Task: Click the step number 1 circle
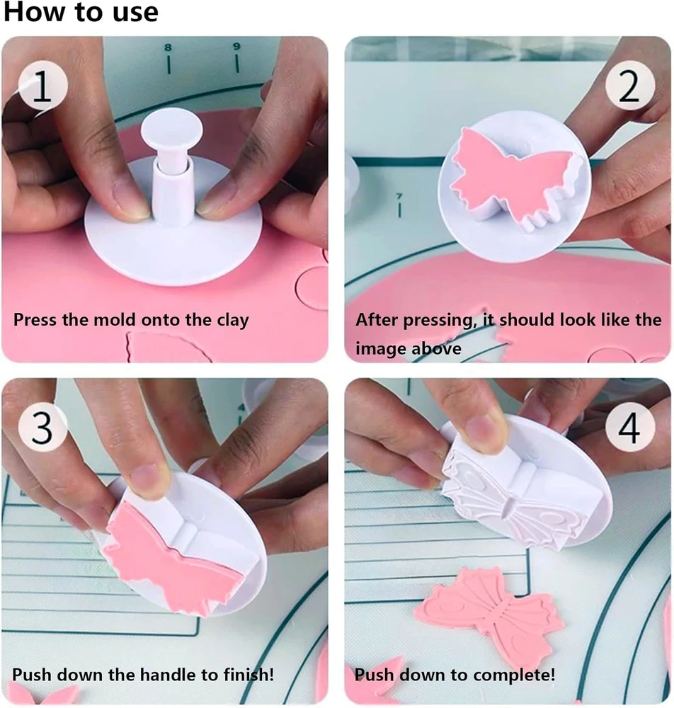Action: click(x=43, y=86)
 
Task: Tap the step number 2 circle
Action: click(x=630, y=86)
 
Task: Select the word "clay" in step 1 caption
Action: click(x=233, y=321)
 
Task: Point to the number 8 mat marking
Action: click(x=168, y=47)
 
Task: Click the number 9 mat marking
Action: click(x=236, y=46)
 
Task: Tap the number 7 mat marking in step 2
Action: click(x=399, y=196)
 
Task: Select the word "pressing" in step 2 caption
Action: click(x=438, y=321)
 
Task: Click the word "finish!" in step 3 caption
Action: click(x=249, y=675)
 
